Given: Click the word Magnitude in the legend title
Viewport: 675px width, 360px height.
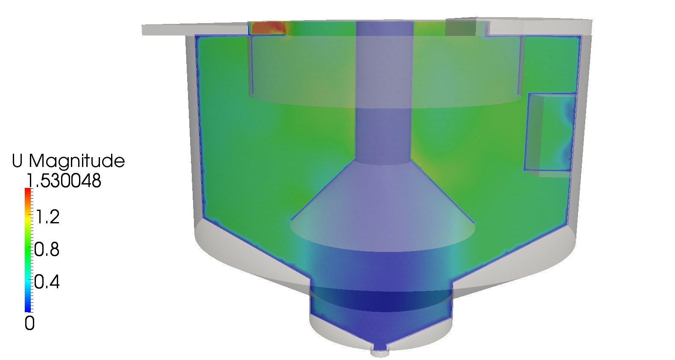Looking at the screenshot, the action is [x=76, y=161].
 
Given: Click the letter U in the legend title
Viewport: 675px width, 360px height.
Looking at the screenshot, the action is [x=17, y=161].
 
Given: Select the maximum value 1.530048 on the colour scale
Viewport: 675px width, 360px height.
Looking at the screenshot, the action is [x=64, y=181].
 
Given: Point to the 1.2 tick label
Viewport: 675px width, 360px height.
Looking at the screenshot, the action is [x=47, y=217].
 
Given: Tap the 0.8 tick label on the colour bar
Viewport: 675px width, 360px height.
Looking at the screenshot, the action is [x=47, y=250].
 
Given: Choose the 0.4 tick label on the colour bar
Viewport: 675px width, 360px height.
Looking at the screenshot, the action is [x=47, y=282].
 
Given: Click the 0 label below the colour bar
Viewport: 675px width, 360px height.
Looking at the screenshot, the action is [x=29, y=324].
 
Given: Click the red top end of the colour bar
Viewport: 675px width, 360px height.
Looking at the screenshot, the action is [x=28, y=191].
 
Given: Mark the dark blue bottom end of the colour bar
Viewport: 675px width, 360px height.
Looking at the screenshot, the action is [x=28, y=309].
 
